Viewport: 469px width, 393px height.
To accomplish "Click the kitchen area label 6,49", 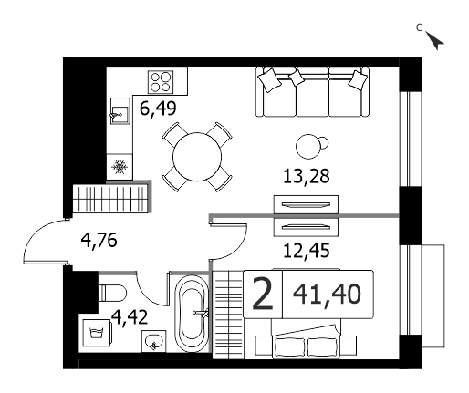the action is tap(158, 109).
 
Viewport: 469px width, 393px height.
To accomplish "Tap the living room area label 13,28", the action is tap(307, 176).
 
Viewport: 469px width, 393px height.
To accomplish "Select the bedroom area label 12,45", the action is tap(307, 251).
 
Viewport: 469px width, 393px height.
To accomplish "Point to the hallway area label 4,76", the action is tap(99, 240).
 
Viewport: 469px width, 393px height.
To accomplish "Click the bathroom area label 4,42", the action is tap(130, 317).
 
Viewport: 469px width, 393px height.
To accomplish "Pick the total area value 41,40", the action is tap(327, 295).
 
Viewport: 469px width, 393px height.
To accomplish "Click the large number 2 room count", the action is tap(263, 295).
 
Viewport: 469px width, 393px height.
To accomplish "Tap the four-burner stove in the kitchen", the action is tap(161, 82).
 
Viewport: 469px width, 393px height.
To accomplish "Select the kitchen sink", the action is tap(120, 111).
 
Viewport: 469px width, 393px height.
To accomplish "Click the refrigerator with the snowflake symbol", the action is tap(120, 167).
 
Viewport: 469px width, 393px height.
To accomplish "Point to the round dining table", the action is tap(197, 157).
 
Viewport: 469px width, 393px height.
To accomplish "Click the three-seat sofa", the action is tap(312, 92).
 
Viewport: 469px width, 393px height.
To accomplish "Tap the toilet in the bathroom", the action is tap(112, 293).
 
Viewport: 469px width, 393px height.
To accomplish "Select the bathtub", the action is tap(192, 314).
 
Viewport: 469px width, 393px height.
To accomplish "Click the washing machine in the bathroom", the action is tap(97, 333).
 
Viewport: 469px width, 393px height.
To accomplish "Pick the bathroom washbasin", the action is tap(154, 341).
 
